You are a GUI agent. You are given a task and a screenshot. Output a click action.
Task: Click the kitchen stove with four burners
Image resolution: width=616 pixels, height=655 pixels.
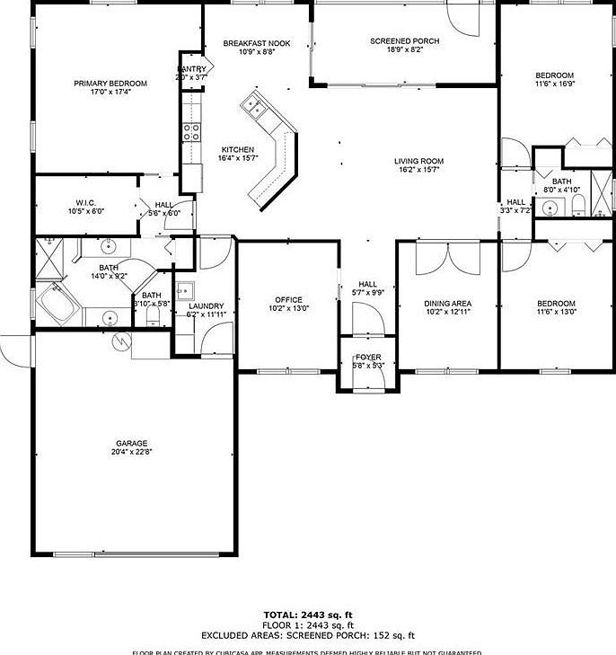pyautogui.click(x=191, y=132)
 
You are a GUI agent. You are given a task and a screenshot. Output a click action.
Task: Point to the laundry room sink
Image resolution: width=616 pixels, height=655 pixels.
pyautogui.click(x=185, y=290)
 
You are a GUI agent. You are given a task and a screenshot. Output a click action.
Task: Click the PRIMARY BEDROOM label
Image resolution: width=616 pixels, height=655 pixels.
pyautogui.click(x=110, y=84)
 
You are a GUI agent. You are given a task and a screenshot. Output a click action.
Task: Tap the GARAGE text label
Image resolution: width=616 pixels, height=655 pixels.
pyautogui.click(x=131, y=443)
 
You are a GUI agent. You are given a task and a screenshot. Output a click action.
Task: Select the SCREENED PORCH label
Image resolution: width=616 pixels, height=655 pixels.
pyautogui.click(x=405, y=41)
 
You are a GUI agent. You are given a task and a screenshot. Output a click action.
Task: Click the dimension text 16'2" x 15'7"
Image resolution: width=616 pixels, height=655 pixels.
pyautogui.click(x=418, y=171)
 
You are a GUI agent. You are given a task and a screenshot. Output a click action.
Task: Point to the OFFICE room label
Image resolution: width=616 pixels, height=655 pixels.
pyautogui.click(x=288, y=300)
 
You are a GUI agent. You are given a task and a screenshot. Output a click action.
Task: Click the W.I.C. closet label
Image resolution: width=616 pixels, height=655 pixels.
pyautogui.click(x=86, y=202)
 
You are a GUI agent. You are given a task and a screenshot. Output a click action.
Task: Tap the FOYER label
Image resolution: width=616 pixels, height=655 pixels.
pyautogui.click(x=367, y=358)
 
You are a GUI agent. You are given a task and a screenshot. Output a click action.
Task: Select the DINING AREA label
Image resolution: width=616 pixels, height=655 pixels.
pyautogui.click(x=447, y=304)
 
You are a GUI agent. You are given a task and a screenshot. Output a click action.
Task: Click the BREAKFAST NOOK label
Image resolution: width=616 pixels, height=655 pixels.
pyautogui.click(x=257, y=43)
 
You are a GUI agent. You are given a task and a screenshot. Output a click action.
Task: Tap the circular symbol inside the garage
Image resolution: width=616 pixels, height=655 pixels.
pyautogui.click(x=122, y=341)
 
